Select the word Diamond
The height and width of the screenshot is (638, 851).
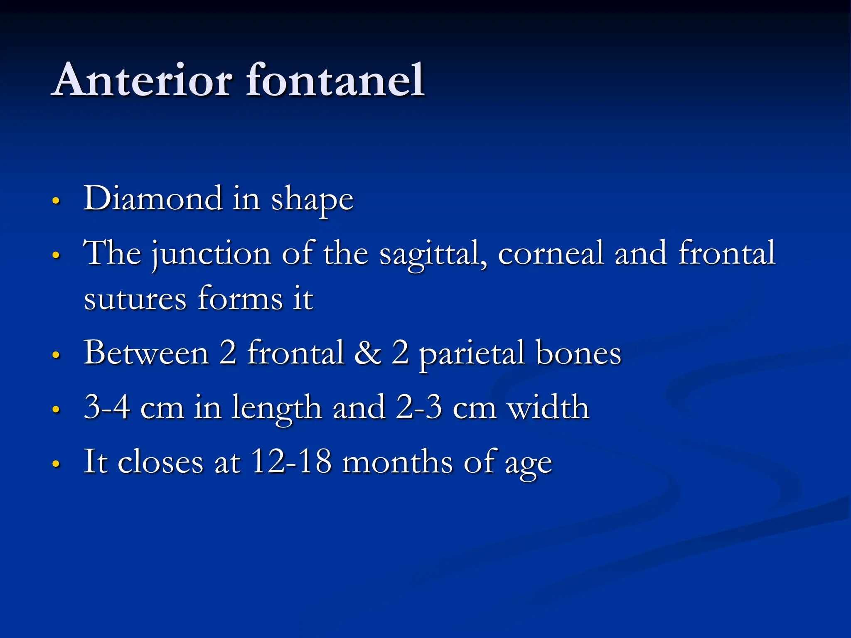point(153,199)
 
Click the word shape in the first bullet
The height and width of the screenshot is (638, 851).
point(312,200)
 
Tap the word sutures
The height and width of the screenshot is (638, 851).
point(135,299)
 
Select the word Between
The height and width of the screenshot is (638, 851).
point(146,353)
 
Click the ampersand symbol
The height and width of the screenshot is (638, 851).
point(368,353)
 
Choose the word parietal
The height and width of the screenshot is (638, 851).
point(471,354)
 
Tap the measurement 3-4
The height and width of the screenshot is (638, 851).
point(107,407)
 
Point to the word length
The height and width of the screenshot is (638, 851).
point(276,408)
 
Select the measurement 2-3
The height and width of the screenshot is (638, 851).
point(418,407)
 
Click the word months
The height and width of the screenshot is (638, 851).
point(397,461)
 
